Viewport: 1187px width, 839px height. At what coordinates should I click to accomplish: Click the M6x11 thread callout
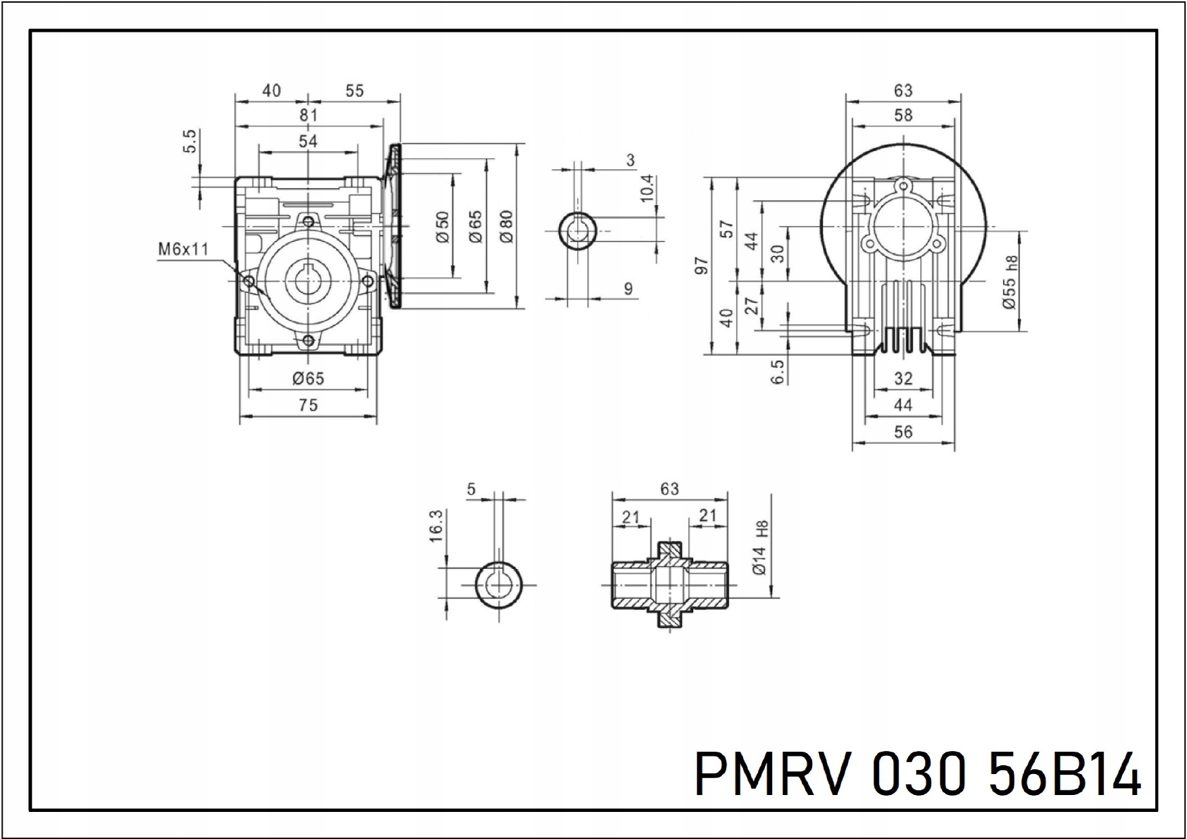coord(183,249)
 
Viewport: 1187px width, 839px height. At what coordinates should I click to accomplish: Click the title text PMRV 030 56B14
coord(918,774)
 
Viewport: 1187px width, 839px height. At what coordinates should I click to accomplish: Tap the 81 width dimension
coord(309,116)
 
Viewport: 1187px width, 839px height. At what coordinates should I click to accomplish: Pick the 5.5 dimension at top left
coord(191,141)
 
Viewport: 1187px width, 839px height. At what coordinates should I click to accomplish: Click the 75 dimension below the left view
coord(308,405)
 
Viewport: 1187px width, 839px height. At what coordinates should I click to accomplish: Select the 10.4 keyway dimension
coord(647,188)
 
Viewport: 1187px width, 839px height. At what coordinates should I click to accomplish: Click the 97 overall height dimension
coord(702,265)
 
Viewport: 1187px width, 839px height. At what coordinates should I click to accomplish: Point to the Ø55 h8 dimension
coord(1010,282)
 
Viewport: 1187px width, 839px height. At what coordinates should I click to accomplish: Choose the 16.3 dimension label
coord(436,525)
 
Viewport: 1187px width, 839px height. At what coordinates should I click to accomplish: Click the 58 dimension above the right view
coord(903,116)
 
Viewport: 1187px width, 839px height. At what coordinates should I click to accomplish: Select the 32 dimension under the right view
coord(903,379)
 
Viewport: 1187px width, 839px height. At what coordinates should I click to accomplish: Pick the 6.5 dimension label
coord(778,371)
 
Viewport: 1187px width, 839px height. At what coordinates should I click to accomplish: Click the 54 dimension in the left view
coord(308,141)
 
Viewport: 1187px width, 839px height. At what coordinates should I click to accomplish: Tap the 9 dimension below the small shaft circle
coord(629,289)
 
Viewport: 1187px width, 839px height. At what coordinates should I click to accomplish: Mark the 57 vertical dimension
coord(727,229)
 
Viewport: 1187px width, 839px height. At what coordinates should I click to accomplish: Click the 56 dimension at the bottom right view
coord(903,432)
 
